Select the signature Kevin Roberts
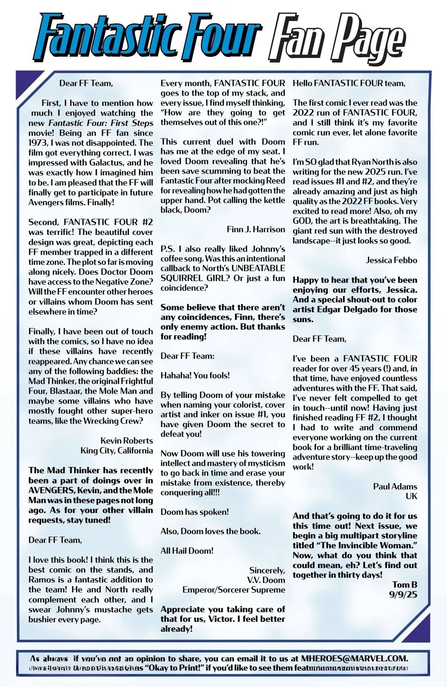click(x=127, y=440)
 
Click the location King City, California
click(x=117, y=451)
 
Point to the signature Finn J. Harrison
click(x=256, y=229)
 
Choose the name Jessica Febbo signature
click(x=391, y=260)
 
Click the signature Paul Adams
click(x=395, y=486)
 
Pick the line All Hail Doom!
click(x=187, y=551)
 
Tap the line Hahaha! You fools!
click(x=195, y=375)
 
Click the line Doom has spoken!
click(x=194, y=512)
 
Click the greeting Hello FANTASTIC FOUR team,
click(x=349, y=83)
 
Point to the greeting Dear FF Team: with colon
click(x=187, y=356)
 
